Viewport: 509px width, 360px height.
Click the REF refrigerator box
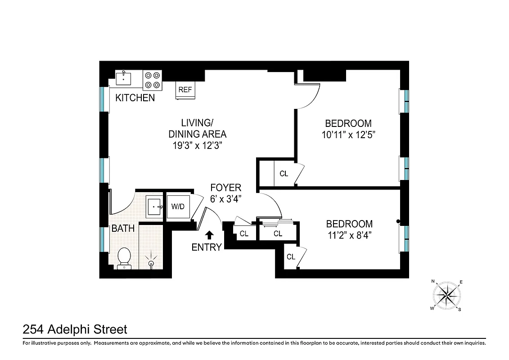pyautogui.click(x=185, y=90)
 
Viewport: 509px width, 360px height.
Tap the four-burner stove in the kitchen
pyautogui.click(x=152, y=80)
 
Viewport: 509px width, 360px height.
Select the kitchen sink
pyautogui.click(x=123, y=78)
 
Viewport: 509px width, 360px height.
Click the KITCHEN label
pyautogui.click(x=135, y=98)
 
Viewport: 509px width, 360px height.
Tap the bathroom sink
pyautogui.click(x=155, y=207)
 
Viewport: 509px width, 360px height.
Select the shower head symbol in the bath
pyautogui.click(x=151, y=261)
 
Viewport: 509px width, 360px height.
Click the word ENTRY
pyautogui.click(x=207, y=247)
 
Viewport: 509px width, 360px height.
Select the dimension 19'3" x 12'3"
pyautogui.click(x=197, y=145)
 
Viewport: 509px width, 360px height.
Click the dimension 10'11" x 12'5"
pyautogui.click(x=348, y=134)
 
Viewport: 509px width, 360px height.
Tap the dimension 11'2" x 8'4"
pyautogui.click(x=349, y=234)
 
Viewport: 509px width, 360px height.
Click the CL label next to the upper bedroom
pyautogui.click(x=284, y=174)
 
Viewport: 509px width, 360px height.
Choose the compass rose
pyautogui.click(x=446, y=295)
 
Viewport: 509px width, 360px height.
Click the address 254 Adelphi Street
pyautogui.click(x=75, y=330)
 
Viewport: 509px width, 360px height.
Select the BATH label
pyautogui.click(x=123, y=229)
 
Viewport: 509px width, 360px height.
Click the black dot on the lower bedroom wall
pyautogui.click(x=398, y=221)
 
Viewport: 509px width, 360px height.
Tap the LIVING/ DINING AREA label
pyautogui.click(x=197, y=128)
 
